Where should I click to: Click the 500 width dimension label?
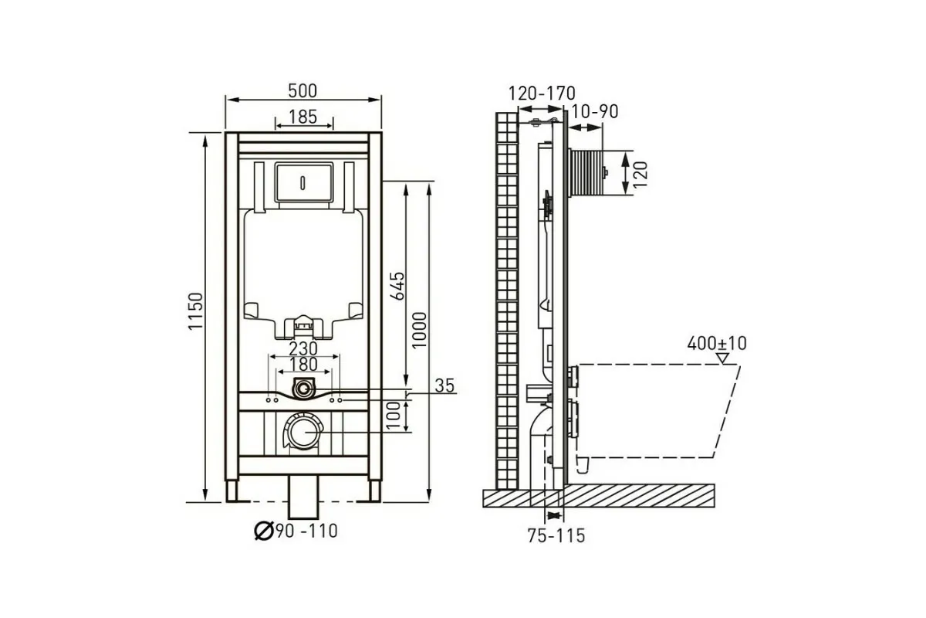coord(302,90)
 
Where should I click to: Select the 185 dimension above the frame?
coord(302,117)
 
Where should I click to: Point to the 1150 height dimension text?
coord(196,311)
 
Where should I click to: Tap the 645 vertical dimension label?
coord(397,286)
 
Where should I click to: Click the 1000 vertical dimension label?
coord(419,330)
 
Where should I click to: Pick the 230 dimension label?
coord(303,348)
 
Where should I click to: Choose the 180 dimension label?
coord(303,365)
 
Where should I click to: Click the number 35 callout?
coord(444,385)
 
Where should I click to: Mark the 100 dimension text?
coord(394,415)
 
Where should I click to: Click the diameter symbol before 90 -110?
coord(264,531)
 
